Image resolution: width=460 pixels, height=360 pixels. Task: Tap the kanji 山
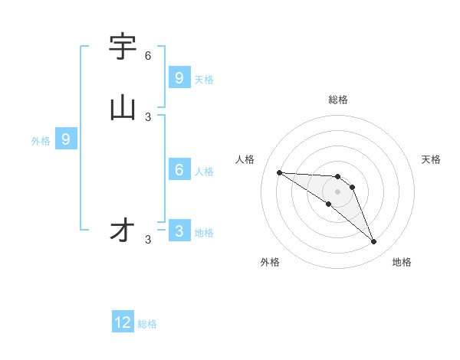pyautogui.click(x=123, y=108)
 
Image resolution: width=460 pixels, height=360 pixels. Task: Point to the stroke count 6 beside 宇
pyautogui.click(x=148, y=56)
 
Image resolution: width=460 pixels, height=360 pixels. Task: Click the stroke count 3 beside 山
pyautogui.click(x=148, y=116)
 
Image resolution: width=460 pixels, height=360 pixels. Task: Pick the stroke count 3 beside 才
pyautogui.click(x=148, y=240)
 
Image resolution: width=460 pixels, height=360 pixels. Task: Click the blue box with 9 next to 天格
pyautogui.click(x=179, y=78)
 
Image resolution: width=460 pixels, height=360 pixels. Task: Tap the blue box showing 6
pyautogui.click(x=179, y=170)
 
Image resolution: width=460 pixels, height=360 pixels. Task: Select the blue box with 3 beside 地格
pyautogui.click(x=179, y=231)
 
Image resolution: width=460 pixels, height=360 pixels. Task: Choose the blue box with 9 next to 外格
pyautogui.click(x=66, y=139)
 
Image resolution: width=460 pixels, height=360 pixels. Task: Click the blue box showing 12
pyautogui.click(x=123, y=322)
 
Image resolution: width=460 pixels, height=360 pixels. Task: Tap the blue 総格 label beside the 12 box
pyautogui.click(x=147, y=324)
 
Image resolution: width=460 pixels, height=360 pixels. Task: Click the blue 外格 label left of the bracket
pyautogui.click(x=41, y=141)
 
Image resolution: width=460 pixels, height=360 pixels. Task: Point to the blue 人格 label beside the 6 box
pyautogui.click(x=205, y=172)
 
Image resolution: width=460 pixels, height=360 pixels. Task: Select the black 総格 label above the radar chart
pyautogui.click(x=338, y=100)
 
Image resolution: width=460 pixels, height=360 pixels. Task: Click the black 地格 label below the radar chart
pyautogui.click(x=402, y=262)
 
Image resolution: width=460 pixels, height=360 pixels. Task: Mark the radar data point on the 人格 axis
pyautogui.click(x=279, y=172)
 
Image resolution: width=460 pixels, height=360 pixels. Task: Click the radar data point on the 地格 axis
pyautogui.click(x=374, y=242)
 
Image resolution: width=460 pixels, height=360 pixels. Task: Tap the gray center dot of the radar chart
pyautogui.click(x=337, y=191)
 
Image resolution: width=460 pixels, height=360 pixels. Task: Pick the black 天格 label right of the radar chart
pyautogui.click(x=431, y=159)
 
